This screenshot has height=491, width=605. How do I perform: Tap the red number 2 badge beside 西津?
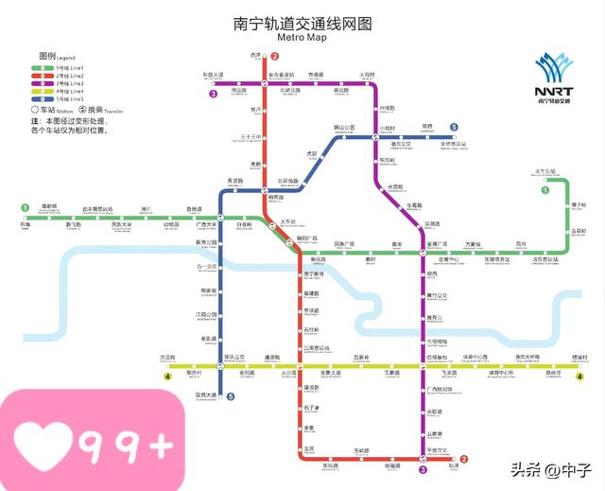click(274, 56)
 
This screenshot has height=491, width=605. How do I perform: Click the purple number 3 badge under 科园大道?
click(214, 94)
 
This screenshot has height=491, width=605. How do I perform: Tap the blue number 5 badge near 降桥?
click(454, 127)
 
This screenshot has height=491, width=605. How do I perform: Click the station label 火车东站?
click(545, 171)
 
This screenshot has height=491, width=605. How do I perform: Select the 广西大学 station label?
click(206, 225)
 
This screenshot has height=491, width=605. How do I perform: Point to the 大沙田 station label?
click(288, 374)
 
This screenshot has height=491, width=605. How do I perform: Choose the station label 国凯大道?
click(205, 395)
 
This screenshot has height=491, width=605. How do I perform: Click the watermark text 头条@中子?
click(551, 469)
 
